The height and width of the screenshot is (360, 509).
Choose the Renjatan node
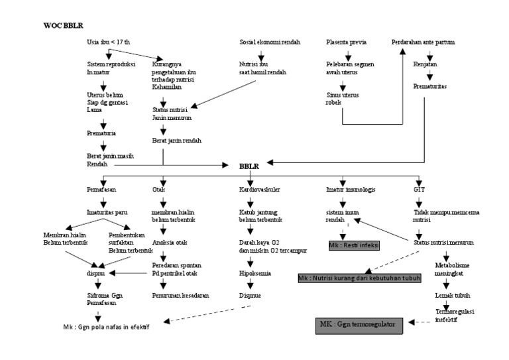425,64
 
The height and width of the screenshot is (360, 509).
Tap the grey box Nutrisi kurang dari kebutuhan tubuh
359,277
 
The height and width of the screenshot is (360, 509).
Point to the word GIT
420,189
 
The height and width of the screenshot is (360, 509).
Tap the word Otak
158,189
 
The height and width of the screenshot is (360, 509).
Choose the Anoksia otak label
171,242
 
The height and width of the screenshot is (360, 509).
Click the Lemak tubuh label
449,294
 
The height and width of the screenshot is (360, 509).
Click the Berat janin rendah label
176,141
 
